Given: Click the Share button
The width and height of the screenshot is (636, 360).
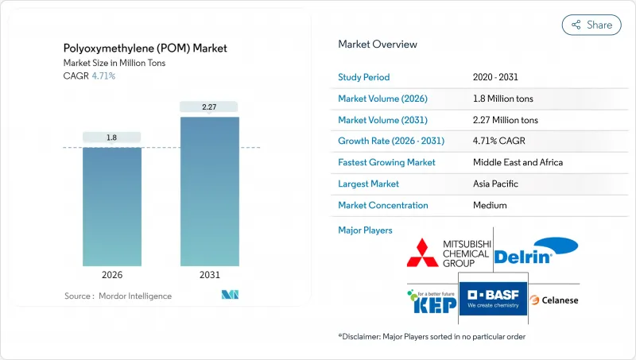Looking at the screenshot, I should click(591, 25).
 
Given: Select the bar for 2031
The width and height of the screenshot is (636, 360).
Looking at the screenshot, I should click(210, 191).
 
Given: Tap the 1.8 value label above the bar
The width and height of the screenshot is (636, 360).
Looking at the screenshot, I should click(112, 137).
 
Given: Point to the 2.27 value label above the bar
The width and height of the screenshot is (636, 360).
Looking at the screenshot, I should click(210, 106).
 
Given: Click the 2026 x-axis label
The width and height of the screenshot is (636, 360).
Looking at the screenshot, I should click(112, 276).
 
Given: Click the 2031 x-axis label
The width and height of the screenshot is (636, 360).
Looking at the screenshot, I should click(210, 276).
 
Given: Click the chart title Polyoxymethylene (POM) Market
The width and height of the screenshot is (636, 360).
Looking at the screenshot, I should click(145, 48).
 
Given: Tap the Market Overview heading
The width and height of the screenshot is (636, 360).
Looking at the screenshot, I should click(377, 45).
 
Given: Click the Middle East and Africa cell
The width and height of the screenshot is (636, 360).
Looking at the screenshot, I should click(518, 162).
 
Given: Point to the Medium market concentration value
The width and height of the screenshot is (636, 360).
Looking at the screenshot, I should click(491, 205).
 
